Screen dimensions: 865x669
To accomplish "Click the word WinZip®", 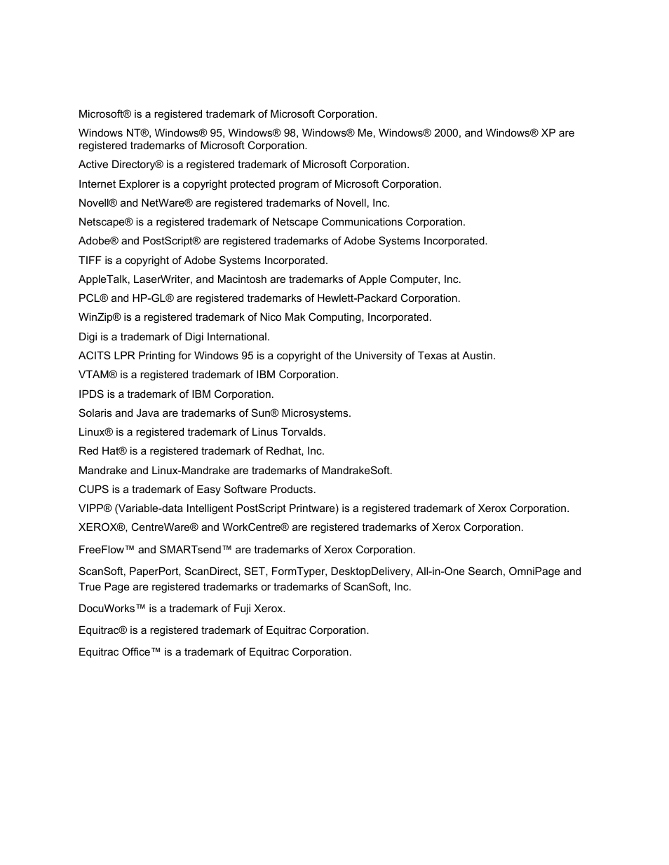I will click(100, 317).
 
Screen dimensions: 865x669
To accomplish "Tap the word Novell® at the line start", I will click(98, 203).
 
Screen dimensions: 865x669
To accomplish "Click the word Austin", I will click(478, 356).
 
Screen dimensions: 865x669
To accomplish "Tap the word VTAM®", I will click(97, 375).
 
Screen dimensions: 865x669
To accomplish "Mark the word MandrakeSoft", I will click(361, 471).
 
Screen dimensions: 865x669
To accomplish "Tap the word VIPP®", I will click(95, 508).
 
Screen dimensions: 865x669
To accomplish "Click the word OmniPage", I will click(534, 572).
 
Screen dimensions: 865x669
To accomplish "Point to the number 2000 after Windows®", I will click(447, 133).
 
